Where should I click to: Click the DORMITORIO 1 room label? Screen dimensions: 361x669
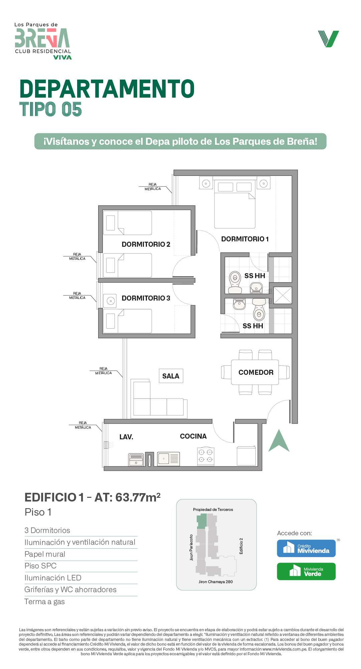click(x=245, y=239)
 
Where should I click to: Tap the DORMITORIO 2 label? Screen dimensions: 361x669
click(x=146, y=244)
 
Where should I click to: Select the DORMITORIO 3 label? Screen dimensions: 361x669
click(x=146, y=298)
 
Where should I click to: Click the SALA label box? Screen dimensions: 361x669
click(x=171, y=376)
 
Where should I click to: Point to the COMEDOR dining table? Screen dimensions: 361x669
click(x=255, y=372)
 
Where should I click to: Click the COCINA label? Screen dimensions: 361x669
click(x=193, y=436)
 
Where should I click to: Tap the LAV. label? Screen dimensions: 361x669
click(x=126, y=437)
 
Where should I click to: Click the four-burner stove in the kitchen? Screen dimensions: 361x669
click(x=206, y=456)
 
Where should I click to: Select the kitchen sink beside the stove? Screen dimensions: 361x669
click(x=169, y=459)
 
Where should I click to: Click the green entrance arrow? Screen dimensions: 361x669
click(x=279, y=440)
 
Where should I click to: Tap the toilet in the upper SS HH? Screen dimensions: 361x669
click(x=235, y=282)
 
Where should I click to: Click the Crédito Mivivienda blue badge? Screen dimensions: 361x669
click(x=306, y=548)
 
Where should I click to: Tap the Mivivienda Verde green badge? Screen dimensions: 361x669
click(x=306, y=571)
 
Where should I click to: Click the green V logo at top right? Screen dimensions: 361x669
click(x=329, y=39)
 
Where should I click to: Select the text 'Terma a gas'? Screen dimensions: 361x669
click(x=45, y=602)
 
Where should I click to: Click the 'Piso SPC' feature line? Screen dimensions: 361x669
click(x=40, y=566)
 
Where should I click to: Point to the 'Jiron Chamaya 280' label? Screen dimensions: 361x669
click(x=216, y=582)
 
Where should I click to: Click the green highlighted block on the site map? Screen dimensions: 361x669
click(x=202, y=521)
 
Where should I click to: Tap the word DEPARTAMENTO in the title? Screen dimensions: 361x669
click(x=107, y=89)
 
